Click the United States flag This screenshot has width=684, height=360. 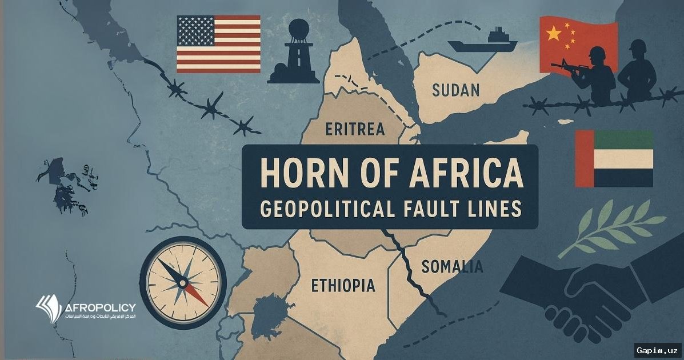tap(218, 44)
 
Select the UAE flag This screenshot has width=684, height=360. tap(614, 158)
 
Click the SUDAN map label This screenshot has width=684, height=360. tap(455, 90)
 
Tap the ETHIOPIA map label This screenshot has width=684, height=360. tap(343, 285)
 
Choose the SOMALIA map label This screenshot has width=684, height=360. tap(451, 266)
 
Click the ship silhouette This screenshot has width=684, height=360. tap(482, 41)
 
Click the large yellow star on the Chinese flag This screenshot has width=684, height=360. tap(553, 34)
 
